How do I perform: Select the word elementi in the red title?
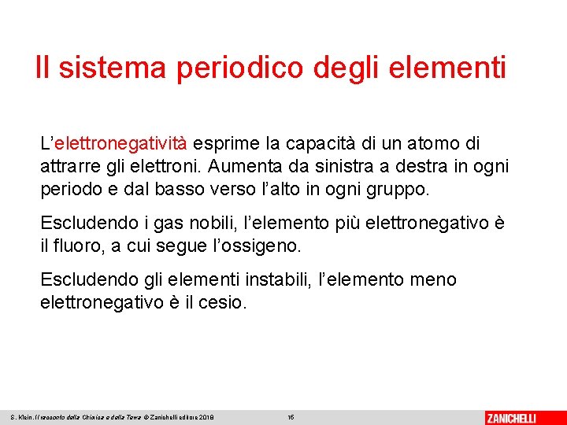448,68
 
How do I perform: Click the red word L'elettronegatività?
113,144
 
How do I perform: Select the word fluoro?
78,246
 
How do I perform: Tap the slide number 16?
291,417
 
